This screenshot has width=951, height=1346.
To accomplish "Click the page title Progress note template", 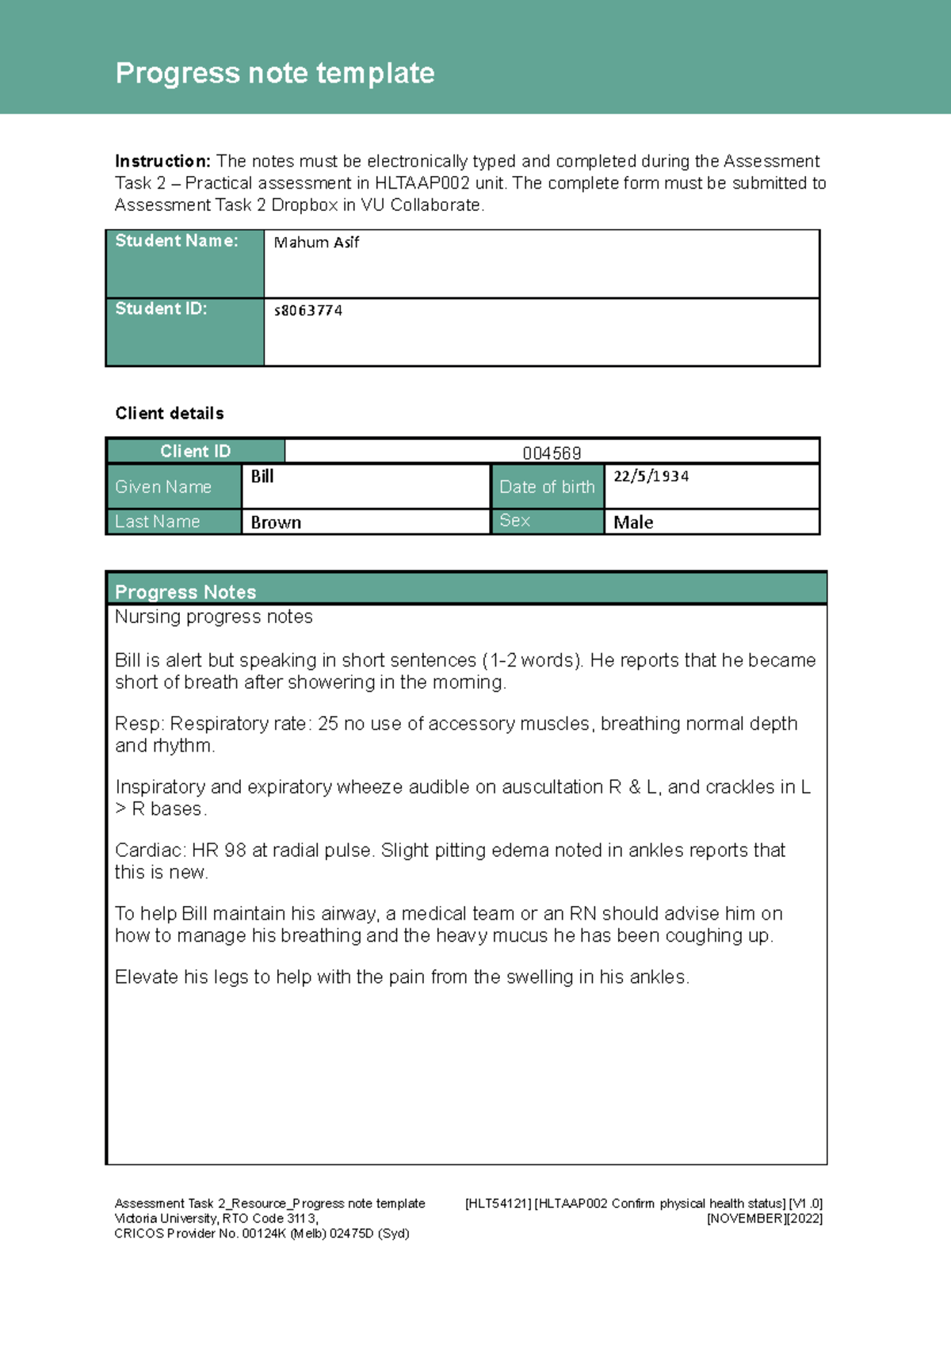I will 274,74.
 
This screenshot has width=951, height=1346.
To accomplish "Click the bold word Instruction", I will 162,162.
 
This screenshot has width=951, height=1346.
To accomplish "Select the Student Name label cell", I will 184,263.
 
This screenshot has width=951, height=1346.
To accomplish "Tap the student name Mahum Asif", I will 316,243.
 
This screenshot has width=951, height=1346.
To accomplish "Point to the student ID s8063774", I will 308,311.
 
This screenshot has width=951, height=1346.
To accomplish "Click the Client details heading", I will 170,413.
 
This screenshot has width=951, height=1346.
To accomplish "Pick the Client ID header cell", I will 195,451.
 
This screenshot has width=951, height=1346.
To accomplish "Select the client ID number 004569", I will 552,453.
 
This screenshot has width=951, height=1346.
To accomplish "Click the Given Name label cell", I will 173,487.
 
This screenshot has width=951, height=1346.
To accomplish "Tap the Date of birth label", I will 547,487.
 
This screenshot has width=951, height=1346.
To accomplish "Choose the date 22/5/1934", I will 651,476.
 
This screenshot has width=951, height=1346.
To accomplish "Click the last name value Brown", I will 276,522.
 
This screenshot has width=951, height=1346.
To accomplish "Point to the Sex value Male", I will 633,522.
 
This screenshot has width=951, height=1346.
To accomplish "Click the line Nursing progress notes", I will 213,617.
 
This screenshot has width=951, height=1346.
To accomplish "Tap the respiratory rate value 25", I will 327,724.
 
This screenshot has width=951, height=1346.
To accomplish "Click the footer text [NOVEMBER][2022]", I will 764,1218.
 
